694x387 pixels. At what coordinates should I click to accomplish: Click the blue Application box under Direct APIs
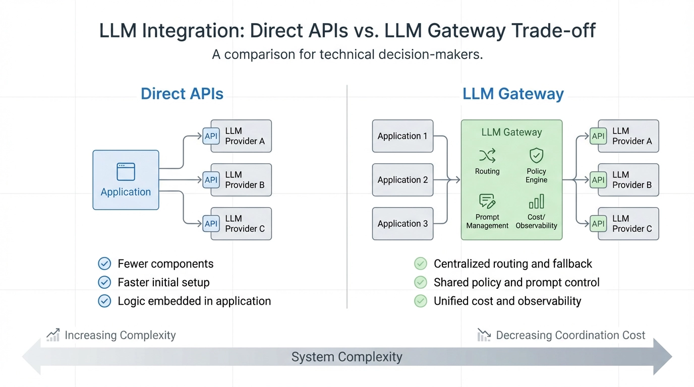pyautogui.click(x=126, y=180)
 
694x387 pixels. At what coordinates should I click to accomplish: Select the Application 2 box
pyautogui.click(x=402, y=180)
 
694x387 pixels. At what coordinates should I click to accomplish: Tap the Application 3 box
pyautogui.click(x=402, y=224)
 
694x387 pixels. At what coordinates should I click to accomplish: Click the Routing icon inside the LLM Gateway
pyautogui.click(x=487, y=155)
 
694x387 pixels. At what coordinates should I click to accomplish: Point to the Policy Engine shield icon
pyautogui.click(x=536, y=155)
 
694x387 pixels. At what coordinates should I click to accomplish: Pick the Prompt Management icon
pyautogui.click(x=487, y=202)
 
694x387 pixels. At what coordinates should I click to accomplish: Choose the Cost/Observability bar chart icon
pyautogui.click(x=536, y=202)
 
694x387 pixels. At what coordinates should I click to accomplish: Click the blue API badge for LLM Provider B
pyautogui.click(x=211, y=180)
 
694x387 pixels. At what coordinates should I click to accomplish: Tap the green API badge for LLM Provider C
pyautogui.click(x=598, y=224)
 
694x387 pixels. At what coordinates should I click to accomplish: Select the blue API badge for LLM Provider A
pyautogui.click(x=211, y=136)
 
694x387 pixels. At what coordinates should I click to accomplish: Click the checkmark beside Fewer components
pyautogui.click(x=104, y=264)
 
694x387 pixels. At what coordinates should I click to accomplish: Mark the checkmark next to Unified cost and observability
pyautogui.click(x=421, y=301)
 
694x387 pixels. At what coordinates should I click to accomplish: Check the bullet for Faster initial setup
pyautogui.click(x=104, y=282)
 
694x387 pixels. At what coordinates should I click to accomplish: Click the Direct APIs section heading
pyautogui.click(x=182, y=94)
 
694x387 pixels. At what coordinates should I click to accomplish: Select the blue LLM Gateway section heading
pyautogui.click(x=513, y=94)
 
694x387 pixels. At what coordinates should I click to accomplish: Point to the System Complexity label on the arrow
pyautogui.click(x=347, y=357)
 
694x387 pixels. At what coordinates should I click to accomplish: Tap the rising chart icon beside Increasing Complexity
pyautogui.click(x=53, y=335)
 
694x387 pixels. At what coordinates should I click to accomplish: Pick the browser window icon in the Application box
pyautogui.click(x=126, y=172)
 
